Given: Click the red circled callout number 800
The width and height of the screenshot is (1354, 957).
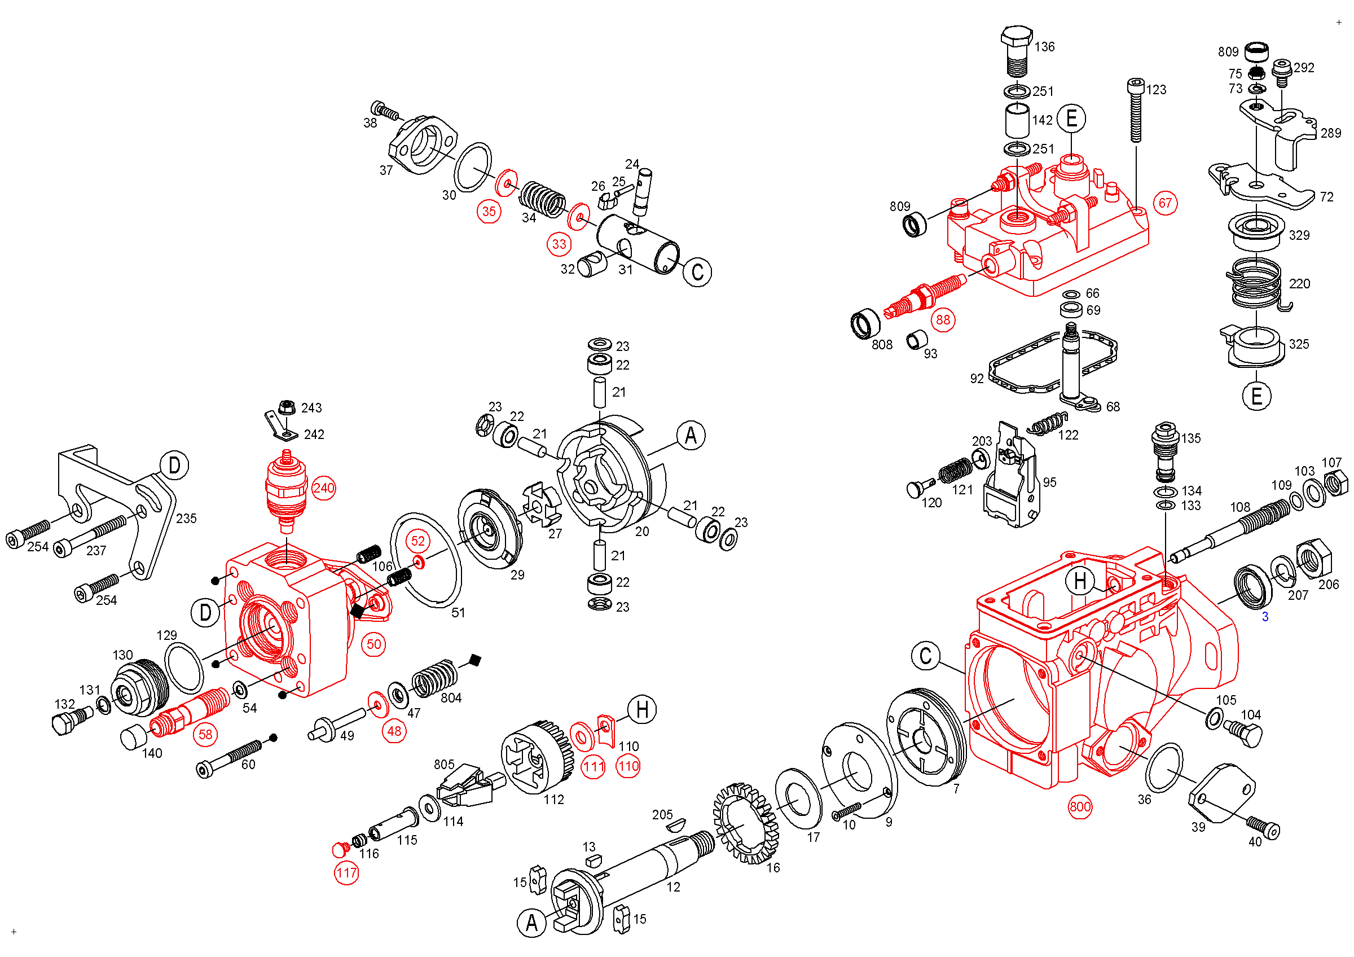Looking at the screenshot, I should coord(1080,807).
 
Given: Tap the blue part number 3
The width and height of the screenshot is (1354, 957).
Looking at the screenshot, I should coord(1264,617).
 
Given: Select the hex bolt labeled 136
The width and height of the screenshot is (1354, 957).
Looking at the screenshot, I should coord(1016,50).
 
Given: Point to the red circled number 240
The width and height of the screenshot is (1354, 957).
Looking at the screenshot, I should coord(323,488).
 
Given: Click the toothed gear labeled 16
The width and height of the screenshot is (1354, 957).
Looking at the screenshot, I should coord(745,823).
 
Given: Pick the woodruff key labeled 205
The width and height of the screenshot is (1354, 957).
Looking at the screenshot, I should coord(676,825).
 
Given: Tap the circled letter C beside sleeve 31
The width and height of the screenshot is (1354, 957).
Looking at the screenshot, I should coord(697,273).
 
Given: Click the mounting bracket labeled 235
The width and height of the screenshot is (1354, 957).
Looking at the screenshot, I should coord(118,501).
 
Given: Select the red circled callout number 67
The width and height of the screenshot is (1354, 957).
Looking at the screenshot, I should coord(1166,204).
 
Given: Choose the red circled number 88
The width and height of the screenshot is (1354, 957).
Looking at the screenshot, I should coord(943,319).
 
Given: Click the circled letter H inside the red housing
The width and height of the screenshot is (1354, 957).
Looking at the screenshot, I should coord(1080,581).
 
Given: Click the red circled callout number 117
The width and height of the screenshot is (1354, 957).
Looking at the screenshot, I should coord(346,873).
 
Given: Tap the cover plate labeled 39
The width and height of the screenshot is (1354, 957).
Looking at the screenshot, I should coord(1221,793).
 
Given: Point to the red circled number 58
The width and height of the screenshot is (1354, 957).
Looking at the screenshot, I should coord(205,735).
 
